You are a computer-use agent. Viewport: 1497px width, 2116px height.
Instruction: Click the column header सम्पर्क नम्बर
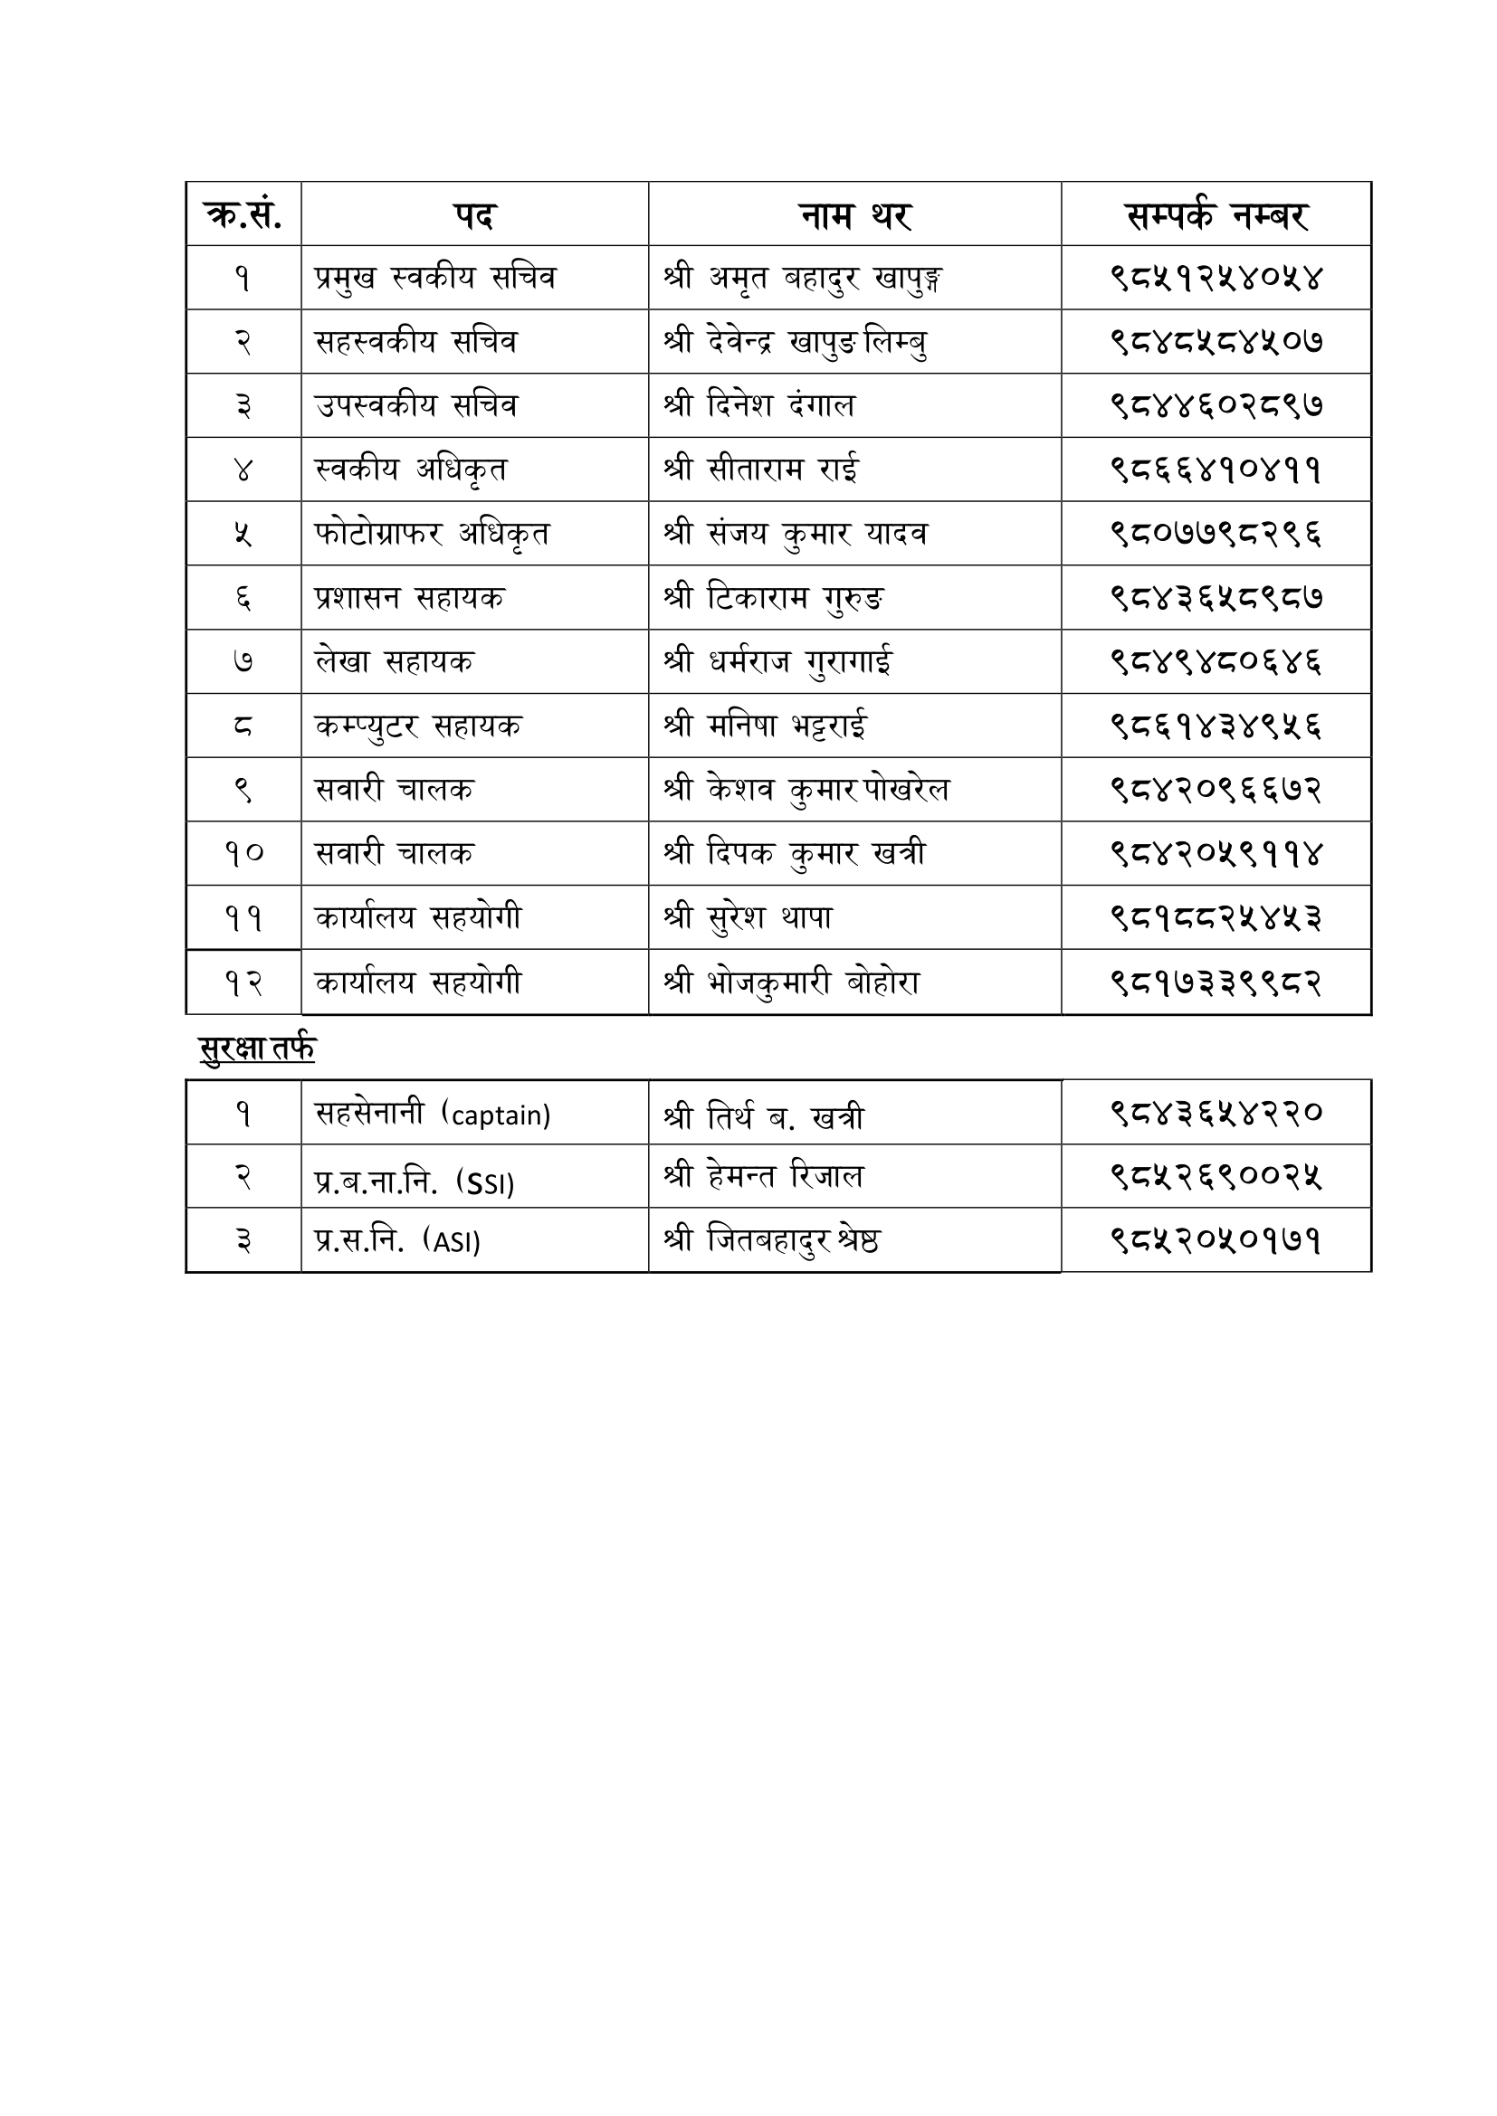click(1216, 214)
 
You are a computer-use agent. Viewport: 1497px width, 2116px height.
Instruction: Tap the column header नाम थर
click(854, 215)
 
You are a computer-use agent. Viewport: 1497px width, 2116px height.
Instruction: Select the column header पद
click(475, 215)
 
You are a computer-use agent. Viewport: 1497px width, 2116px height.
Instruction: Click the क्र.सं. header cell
click(243, 214)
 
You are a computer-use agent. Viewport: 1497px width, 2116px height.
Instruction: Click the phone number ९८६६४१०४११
click(1216, 470)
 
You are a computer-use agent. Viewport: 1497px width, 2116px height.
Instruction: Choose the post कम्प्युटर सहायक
click(417, 726)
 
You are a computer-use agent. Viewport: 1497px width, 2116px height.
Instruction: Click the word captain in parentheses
click(500, 1115)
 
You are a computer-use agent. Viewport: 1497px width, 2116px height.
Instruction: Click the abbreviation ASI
click(457, 1243)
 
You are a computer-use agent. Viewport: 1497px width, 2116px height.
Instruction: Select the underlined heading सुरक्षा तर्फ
click(257, 1048)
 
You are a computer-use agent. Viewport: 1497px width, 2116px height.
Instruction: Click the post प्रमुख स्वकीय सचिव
click(435, 279)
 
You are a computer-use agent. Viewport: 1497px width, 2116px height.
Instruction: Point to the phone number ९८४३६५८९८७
click(1216, 598)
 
